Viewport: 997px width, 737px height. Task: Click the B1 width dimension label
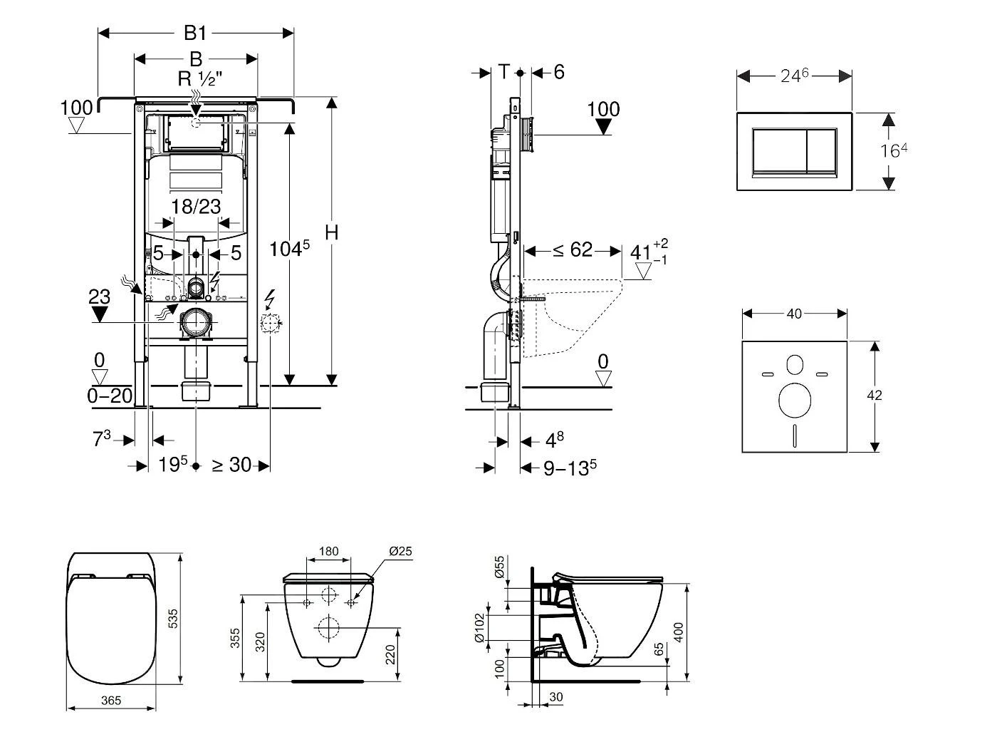coord(195,33)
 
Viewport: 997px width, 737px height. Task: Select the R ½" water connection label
coord(200,78)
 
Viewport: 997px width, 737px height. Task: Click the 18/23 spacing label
coord(196,207)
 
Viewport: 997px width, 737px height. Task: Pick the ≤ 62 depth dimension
coord(573,250)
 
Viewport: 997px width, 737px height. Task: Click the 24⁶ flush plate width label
coord(794,76)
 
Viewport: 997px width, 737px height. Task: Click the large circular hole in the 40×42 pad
coord(794,400)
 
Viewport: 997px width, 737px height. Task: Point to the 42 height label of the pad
coord(875,395)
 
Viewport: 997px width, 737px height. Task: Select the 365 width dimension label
coord(110,700)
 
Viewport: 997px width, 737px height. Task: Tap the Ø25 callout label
coord(401,551)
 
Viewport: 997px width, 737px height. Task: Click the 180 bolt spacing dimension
coord(328,551)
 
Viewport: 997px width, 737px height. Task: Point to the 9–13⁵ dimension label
coord(569,468)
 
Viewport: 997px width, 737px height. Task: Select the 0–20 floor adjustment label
coord(110,396)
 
